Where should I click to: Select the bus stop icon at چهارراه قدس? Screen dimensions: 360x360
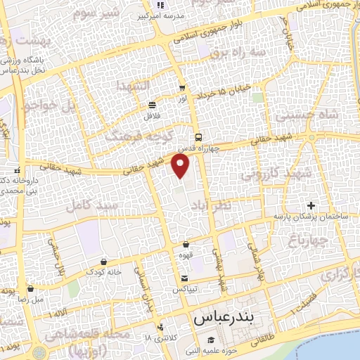click(199, 137)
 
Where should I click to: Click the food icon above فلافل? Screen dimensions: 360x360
click(153, 105)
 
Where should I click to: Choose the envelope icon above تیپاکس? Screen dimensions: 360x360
click(184, 281)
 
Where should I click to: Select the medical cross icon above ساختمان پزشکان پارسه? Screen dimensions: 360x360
click(311, 206)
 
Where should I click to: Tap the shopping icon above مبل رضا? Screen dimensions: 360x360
click(31, 288)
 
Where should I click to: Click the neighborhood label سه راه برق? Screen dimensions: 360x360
click(223, 52)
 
